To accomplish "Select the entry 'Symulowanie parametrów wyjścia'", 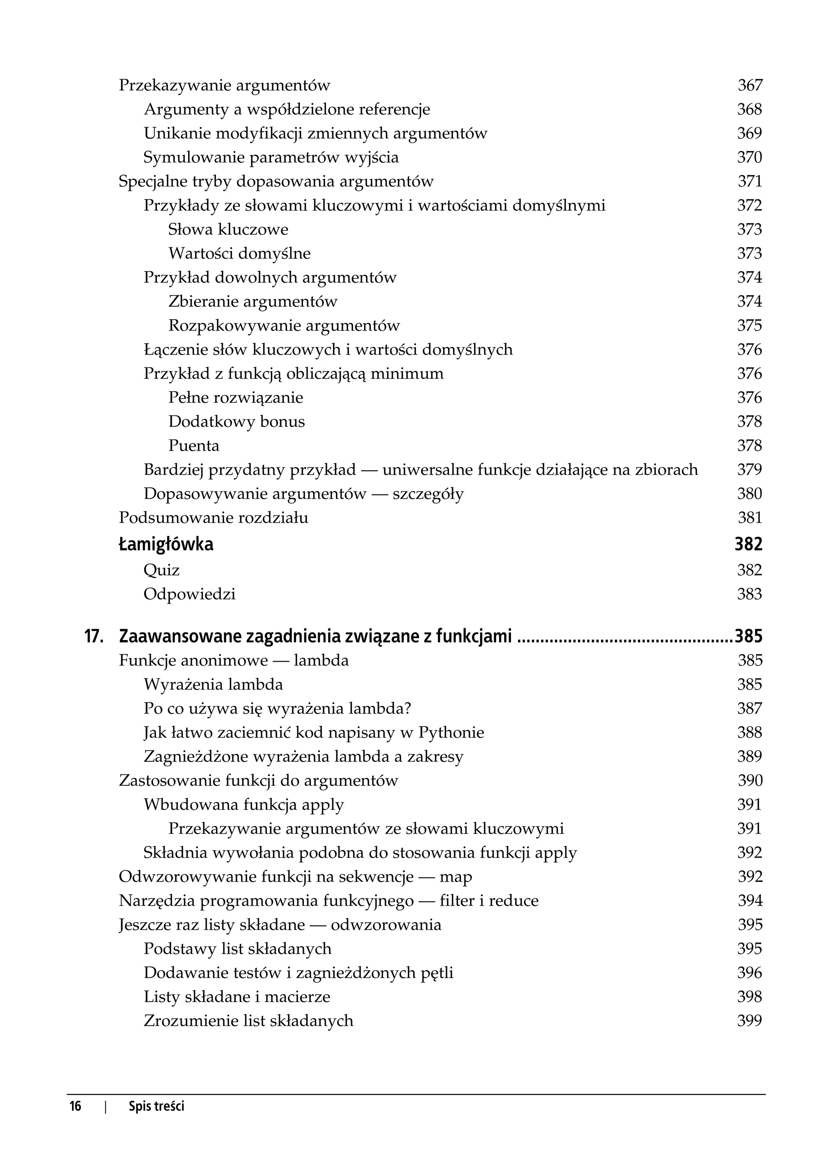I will (x=271, y=157).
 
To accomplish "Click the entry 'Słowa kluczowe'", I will (x=228, y=229).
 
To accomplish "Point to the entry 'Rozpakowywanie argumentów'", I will (x=284, y=326).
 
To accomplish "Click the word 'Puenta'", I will (x=194, y=445).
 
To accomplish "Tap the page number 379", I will (x=750, y=469).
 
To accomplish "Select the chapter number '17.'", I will (x=94, y=636).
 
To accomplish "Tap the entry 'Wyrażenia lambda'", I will (x=213, y=685).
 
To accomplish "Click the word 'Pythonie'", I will (x=451, y=733).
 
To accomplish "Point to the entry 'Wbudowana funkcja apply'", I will (x=243, y=805).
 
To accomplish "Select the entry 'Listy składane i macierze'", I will (x=237, y=997).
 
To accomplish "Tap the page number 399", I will (x=750, y=1021).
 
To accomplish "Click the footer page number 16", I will (x=75, y=1107).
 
